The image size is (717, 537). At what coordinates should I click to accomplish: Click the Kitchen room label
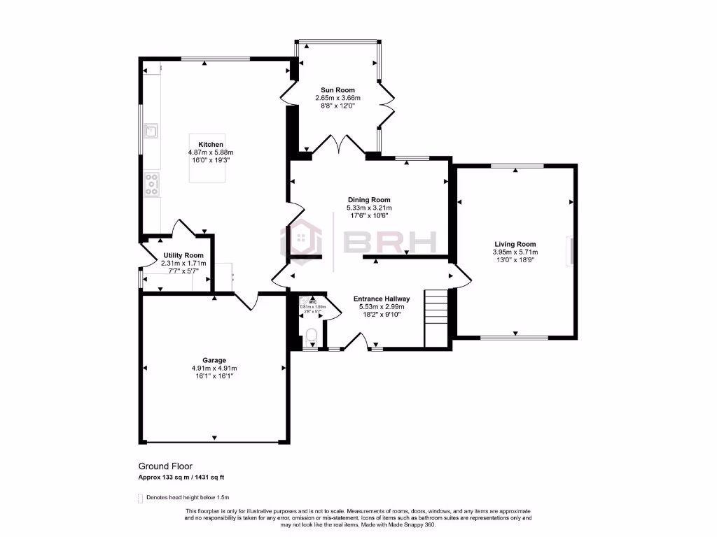(210, 145)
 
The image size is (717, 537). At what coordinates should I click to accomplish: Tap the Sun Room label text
(337, 90)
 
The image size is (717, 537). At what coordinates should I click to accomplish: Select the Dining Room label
(369, 200)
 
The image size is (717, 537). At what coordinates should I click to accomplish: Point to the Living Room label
(515, 244)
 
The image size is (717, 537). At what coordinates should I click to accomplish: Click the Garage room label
(214, 361)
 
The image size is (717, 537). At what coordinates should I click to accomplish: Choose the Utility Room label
(183, 255)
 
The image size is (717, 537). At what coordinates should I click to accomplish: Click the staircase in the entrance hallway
(436, 308)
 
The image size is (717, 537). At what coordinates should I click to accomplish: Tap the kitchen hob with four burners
(151, 184)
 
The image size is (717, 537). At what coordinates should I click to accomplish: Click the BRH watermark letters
(390, 242)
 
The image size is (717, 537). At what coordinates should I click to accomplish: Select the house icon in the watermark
(301, 242)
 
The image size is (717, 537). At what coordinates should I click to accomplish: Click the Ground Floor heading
(165, 466)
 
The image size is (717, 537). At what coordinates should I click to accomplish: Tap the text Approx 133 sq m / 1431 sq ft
(181, 478)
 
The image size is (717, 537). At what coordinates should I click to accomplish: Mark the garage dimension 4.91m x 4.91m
(214, 368)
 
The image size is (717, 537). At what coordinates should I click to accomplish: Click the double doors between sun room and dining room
(337, 145)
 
